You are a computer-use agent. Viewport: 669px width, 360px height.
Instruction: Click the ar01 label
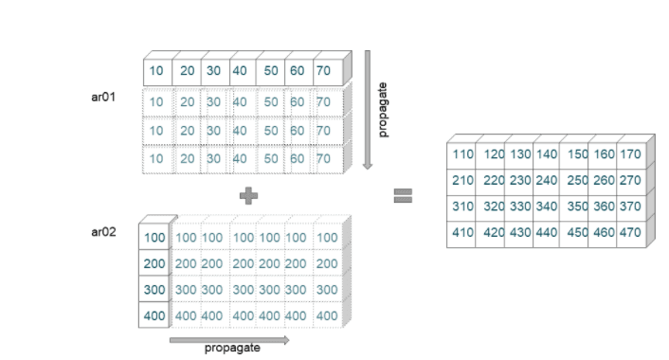point(103,97)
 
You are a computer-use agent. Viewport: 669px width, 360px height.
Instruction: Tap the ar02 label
point(103,231)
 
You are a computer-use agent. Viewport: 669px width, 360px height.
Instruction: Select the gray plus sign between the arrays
point(248,195)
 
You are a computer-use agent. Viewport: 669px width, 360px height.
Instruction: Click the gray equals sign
point(403,195)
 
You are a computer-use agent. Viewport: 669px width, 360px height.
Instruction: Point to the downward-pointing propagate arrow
point(368,109)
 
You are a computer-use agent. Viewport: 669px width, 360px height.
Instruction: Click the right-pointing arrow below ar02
point(228,338)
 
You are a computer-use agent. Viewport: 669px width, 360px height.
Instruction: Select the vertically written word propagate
point(384,109)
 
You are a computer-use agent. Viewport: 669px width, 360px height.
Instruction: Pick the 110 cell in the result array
point(462,154)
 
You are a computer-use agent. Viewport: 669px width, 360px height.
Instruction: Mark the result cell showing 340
point(546,206)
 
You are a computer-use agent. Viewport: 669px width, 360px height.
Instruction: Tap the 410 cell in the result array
point(462,231)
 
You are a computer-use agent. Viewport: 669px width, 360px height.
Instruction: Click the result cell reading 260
point(604,180)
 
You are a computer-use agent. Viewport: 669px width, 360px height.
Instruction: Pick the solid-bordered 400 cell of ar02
point(155,315)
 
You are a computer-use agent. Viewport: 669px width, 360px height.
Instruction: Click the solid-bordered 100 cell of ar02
point(155,237)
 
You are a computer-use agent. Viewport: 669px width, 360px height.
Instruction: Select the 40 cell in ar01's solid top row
point(240,71)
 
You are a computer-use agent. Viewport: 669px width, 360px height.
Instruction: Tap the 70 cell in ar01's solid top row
point(324,71)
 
